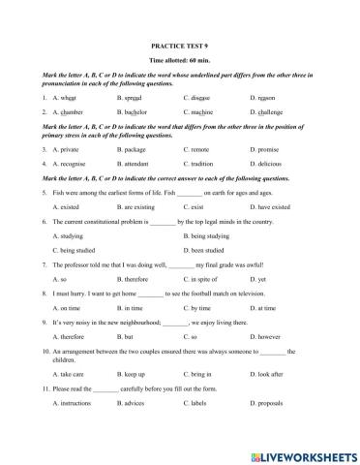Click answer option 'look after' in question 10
pos(267,399)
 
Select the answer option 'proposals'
pos(267,428)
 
